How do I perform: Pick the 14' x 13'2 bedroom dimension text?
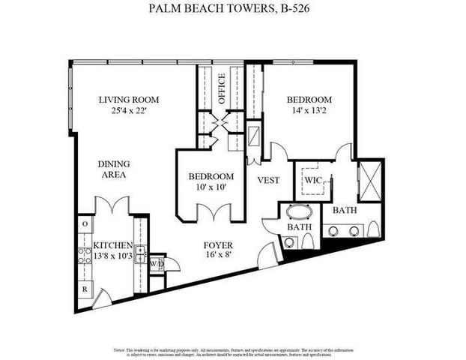309,112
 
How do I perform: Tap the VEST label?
268,180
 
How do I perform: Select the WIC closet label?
312,181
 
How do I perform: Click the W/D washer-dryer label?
157,264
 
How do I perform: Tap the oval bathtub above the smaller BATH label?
298,211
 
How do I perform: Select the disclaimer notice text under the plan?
233,352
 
